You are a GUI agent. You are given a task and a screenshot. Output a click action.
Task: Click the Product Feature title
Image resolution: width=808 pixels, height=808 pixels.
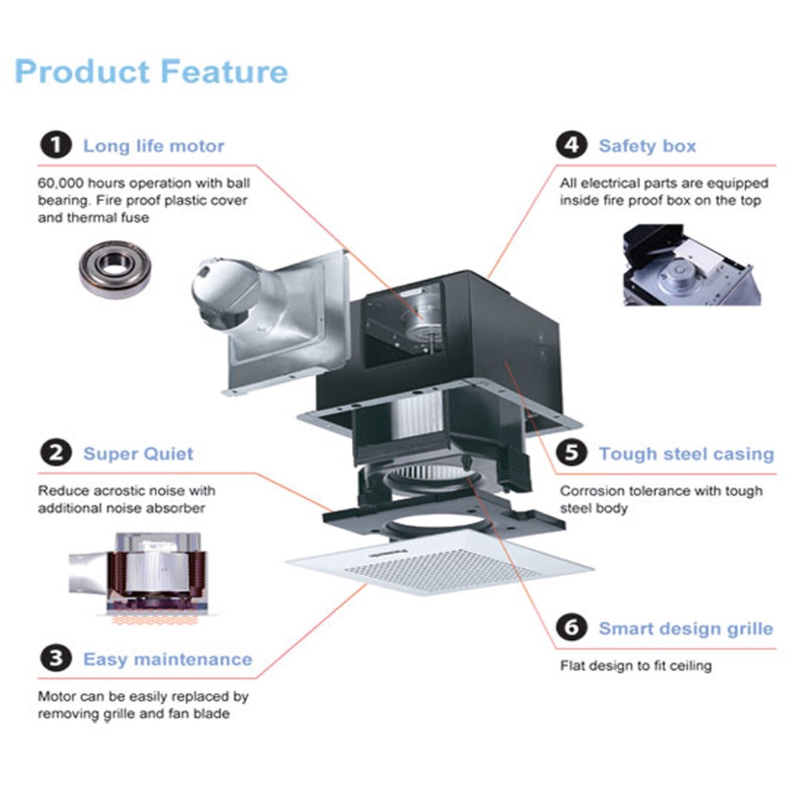(151, 72)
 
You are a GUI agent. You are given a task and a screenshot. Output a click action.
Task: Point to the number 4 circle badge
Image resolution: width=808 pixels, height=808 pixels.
(571, 146)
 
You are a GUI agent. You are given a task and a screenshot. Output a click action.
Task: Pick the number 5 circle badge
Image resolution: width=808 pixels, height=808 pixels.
(571, 454)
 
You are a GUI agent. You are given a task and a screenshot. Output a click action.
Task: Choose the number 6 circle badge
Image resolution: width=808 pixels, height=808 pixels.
(571, 628)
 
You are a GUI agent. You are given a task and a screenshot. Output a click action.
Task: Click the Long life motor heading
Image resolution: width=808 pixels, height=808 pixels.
(154, 146)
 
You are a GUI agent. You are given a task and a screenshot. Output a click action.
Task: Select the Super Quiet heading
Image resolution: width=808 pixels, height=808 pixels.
(138, 454)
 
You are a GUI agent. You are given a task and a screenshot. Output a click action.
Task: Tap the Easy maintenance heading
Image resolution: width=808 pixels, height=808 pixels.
(167, 659)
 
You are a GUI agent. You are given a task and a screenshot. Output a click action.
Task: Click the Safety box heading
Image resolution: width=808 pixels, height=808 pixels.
(647, 146)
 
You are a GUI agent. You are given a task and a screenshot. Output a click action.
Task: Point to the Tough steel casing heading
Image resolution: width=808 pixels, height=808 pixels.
(686, 454)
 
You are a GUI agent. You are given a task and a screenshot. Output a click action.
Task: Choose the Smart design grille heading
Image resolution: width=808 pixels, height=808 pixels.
(685, 629)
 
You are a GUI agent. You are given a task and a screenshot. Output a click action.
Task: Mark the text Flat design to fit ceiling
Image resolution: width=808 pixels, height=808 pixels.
(635, 666)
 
